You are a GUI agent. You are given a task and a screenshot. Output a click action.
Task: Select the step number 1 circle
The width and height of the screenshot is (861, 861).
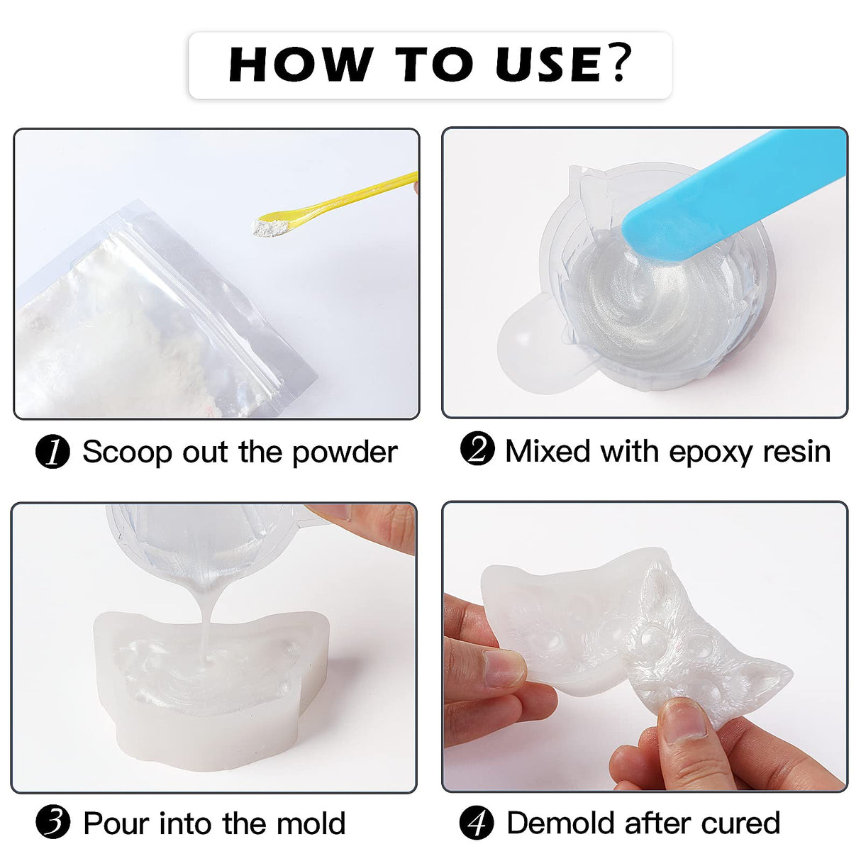click(52, 452)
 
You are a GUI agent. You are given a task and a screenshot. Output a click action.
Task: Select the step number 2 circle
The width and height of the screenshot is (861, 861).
click(477, 450)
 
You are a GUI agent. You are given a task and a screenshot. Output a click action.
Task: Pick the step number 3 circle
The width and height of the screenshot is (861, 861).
click(52, 823)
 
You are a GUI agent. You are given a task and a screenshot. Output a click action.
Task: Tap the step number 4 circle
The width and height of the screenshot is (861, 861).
click(477, 823)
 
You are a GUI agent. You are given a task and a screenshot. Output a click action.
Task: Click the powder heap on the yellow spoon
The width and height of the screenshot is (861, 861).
click(270, 227)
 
